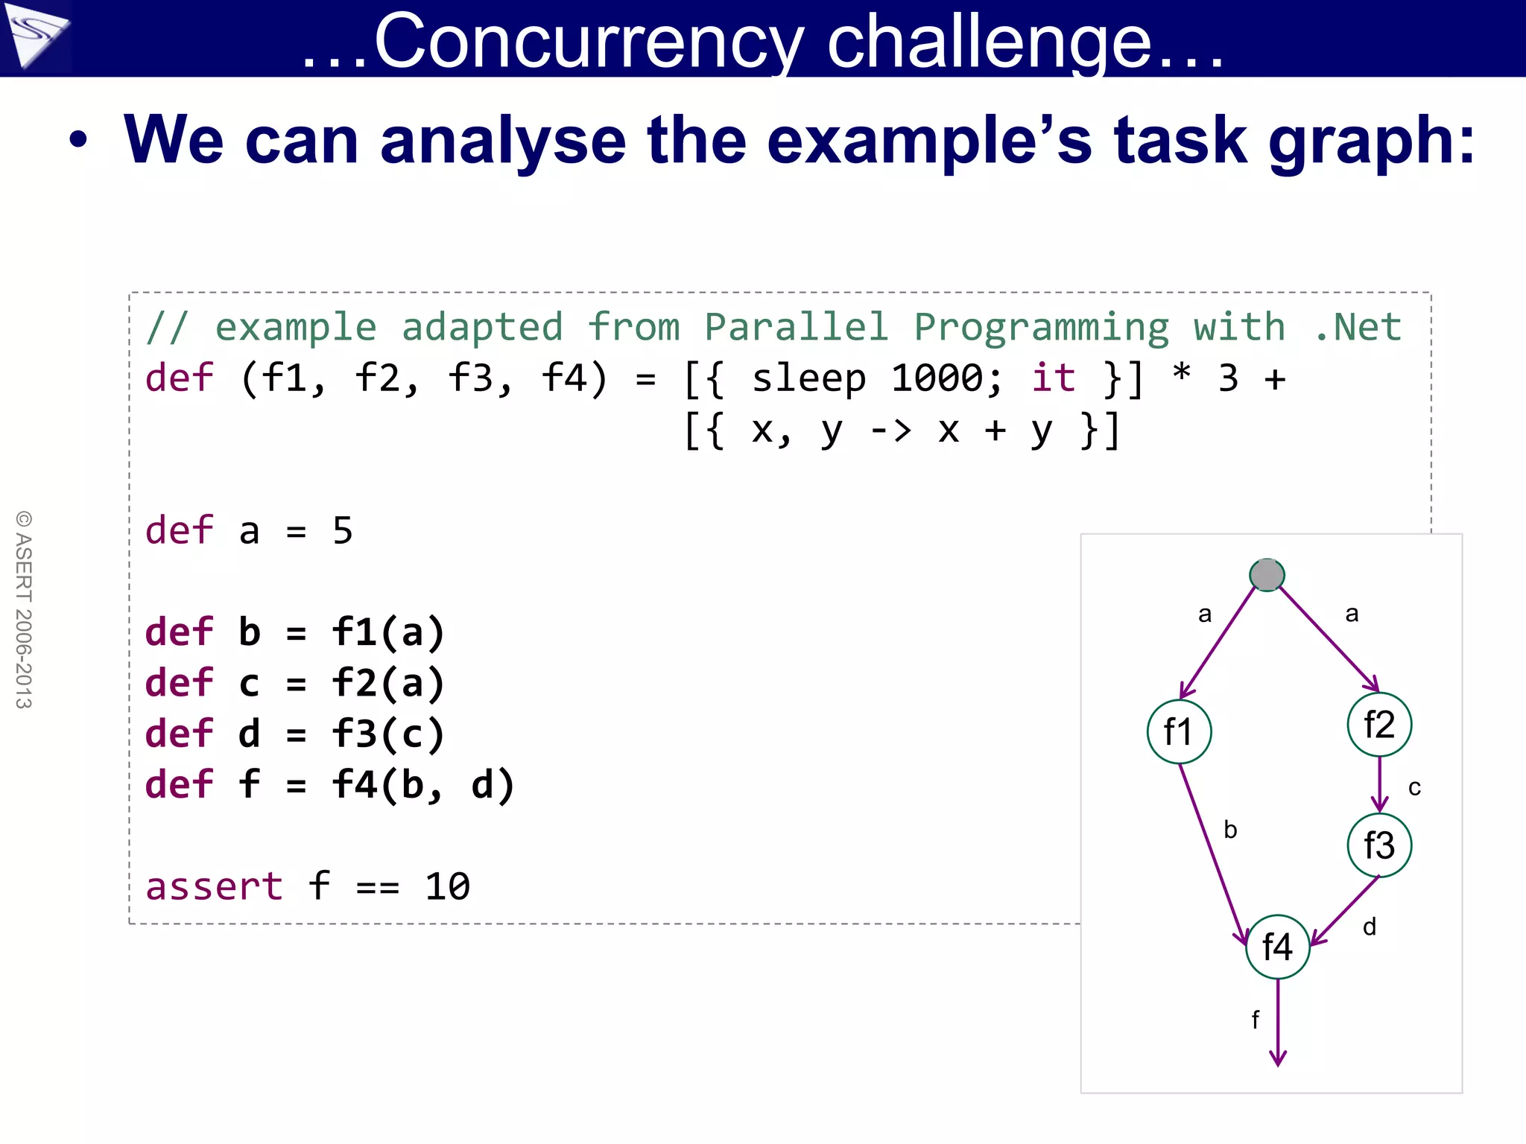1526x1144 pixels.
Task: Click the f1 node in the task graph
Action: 1179,731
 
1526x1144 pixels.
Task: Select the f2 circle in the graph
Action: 1379,724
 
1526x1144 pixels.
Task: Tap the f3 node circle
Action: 1379,845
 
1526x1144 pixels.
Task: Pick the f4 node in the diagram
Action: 1277,947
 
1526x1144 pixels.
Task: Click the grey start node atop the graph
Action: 1267,575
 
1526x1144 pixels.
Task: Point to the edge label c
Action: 1414,787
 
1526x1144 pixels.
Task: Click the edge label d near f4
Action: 1369,927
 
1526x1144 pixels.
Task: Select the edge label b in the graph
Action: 1230,830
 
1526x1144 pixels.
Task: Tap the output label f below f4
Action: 1256,1020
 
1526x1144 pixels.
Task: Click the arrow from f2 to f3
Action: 1379,784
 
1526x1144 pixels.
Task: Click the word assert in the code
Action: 214,886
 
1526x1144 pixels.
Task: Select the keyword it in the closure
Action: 1053,378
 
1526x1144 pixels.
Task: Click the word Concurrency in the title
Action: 589,42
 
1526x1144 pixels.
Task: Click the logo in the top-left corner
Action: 35,35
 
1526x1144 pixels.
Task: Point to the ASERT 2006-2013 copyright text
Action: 24,609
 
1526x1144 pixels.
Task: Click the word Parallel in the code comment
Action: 797,327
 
